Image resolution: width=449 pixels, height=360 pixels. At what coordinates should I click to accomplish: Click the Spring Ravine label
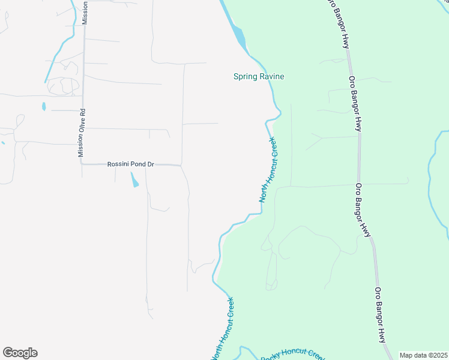(x=258, y=76)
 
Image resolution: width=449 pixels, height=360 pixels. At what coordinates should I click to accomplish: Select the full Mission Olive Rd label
(x=82, y=133)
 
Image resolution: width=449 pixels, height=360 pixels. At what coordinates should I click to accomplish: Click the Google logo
(x=20, y=353)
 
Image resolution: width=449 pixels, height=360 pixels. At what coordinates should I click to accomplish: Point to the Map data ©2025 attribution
(x=423, y=355)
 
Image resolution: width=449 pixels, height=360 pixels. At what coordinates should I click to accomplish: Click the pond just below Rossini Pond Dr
(x=134, y=179)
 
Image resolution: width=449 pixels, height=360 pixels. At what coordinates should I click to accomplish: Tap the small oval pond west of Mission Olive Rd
(x=44, y=107)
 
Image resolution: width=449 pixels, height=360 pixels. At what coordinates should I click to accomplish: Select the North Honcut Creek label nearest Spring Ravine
(x=268, y=169)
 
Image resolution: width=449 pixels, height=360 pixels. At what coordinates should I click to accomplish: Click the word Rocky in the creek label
(x=271, y=357)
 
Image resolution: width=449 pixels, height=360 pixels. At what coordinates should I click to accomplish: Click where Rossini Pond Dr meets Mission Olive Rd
(x=82, y=164)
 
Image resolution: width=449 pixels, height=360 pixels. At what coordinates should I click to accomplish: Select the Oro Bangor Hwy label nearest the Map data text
(x=381, y=315)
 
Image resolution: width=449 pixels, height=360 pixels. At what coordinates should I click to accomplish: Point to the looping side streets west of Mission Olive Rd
(x=63, y=86)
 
